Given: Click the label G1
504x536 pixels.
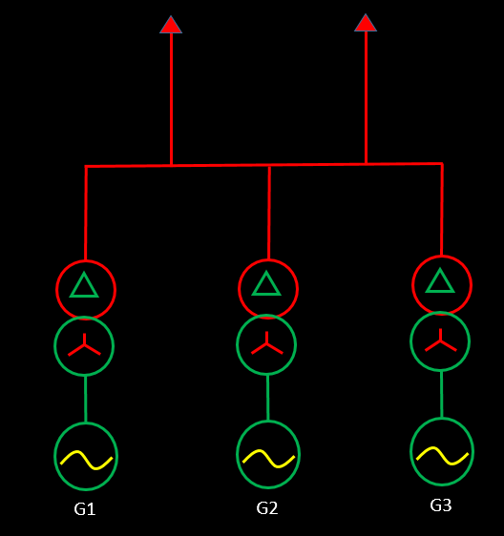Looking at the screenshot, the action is point(85,509).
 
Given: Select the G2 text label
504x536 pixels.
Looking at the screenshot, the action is point(267,508).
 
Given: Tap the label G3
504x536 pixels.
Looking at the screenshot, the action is point(441,505).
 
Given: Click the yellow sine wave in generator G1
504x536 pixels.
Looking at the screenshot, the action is point(86,460).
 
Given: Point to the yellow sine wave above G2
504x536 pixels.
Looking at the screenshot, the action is point(268,459).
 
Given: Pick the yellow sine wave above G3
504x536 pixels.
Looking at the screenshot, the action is point(442,456).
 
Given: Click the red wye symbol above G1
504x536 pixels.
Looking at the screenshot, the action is point(84,345).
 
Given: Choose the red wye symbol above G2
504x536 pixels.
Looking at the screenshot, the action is point(267,343).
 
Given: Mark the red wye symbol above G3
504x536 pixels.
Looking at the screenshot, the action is point(441,340).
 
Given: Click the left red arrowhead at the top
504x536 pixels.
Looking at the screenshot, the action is point(171,25).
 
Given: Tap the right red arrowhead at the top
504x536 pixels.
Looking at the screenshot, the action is point(366,23).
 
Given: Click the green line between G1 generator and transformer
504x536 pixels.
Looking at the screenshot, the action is point(86,399).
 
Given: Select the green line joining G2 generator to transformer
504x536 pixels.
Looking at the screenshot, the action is point(268,398).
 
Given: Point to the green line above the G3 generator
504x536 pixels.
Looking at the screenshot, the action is point(442,394).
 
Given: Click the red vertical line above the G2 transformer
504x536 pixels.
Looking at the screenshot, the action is point(269,213).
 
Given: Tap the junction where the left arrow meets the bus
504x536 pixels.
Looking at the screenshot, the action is point(171,165).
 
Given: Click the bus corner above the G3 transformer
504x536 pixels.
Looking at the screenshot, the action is point(442,164).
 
